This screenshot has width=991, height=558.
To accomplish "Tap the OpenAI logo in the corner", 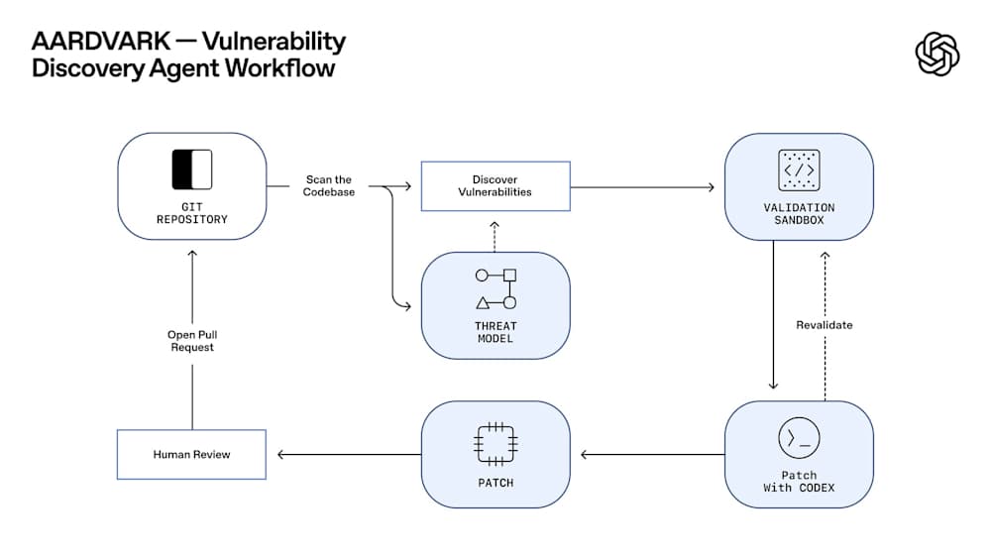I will pyautogui.click(x=936, y=53).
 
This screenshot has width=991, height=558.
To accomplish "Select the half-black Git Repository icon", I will pyautogui.click(x=192, y=169).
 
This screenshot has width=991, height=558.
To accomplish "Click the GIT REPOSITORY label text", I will pyautogui.click(x=192, y=213).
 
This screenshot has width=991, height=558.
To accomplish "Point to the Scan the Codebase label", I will pyautogui.click(x=329, y=185).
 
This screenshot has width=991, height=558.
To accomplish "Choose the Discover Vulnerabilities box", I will pyautogui.click(x=495, y=185).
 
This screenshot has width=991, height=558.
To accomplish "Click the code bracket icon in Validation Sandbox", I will pyautogui.click(x=799, y=169).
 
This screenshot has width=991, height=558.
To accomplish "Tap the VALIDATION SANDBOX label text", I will pyautogui.click(x=799, y=213).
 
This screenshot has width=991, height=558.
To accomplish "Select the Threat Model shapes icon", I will pyautogui.click(x=495, y=288).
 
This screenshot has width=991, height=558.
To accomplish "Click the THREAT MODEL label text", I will pyautogui.click(x=495, y=332).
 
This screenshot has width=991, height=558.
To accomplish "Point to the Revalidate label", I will pyautogui.click(x=824, y=325).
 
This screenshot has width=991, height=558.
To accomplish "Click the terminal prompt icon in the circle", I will pyautogui.click(x=799, y=437).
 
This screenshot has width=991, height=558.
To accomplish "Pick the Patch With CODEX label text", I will pyautogui.click(x=799, y=482).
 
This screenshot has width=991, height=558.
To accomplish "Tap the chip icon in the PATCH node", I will pyautogui.click(x=495, y=444).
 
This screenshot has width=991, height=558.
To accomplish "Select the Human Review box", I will pyautogui.click(x=191, y=454).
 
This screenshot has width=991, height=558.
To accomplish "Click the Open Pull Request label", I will pyautogui.click(x=192, y=341).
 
